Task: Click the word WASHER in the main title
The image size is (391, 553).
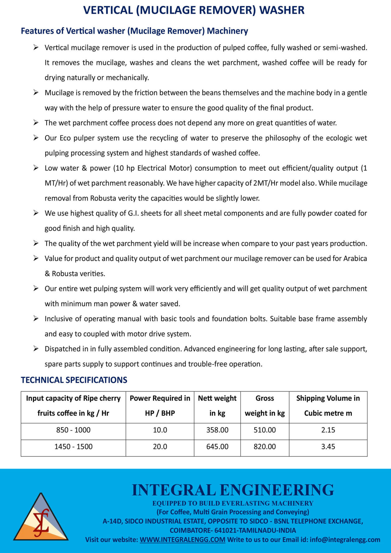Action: click(282, 10)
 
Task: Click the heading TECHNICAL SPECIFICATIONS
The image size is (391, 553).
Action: click(74, 380)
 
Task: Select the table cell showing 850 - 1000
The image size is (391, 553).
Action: click(73, 430)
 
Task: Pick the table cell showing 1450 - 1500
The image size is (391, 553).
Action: click(73, 447)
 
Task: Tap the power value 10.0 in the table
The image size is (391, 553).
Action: click(160, 430)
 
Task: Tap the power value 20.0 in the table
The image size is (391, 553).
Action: click(160, 447)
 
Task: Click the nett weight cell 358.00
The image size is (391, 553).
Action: click(217, 430)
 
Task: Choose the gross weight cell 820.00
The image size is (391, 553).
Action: click(265, 447)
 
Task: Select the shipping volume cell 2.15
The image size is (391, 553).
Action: click(328, 430)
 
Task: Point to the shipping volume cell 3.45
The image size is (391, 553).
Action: click(328, 447)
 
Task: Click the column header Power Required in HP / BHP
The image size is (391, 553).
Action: click(160, 406)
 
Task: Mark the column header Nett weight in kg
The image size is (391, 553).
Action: click(217, 406)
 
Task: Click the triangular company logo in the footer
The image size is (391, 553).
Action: click(41, 517)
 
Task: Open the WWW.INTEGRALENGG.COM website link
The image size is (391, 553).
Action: click(182, 540)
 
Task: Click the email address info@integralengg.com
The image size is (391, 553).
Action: click(345, 540)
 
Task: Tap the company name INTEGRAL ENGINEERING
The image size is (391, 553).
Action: click(233, 490)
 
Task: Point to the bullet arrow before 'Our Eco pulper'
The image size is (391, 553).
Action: click(36, 138)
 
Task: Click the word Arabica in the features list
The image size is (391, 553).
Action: click(355, 258)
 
